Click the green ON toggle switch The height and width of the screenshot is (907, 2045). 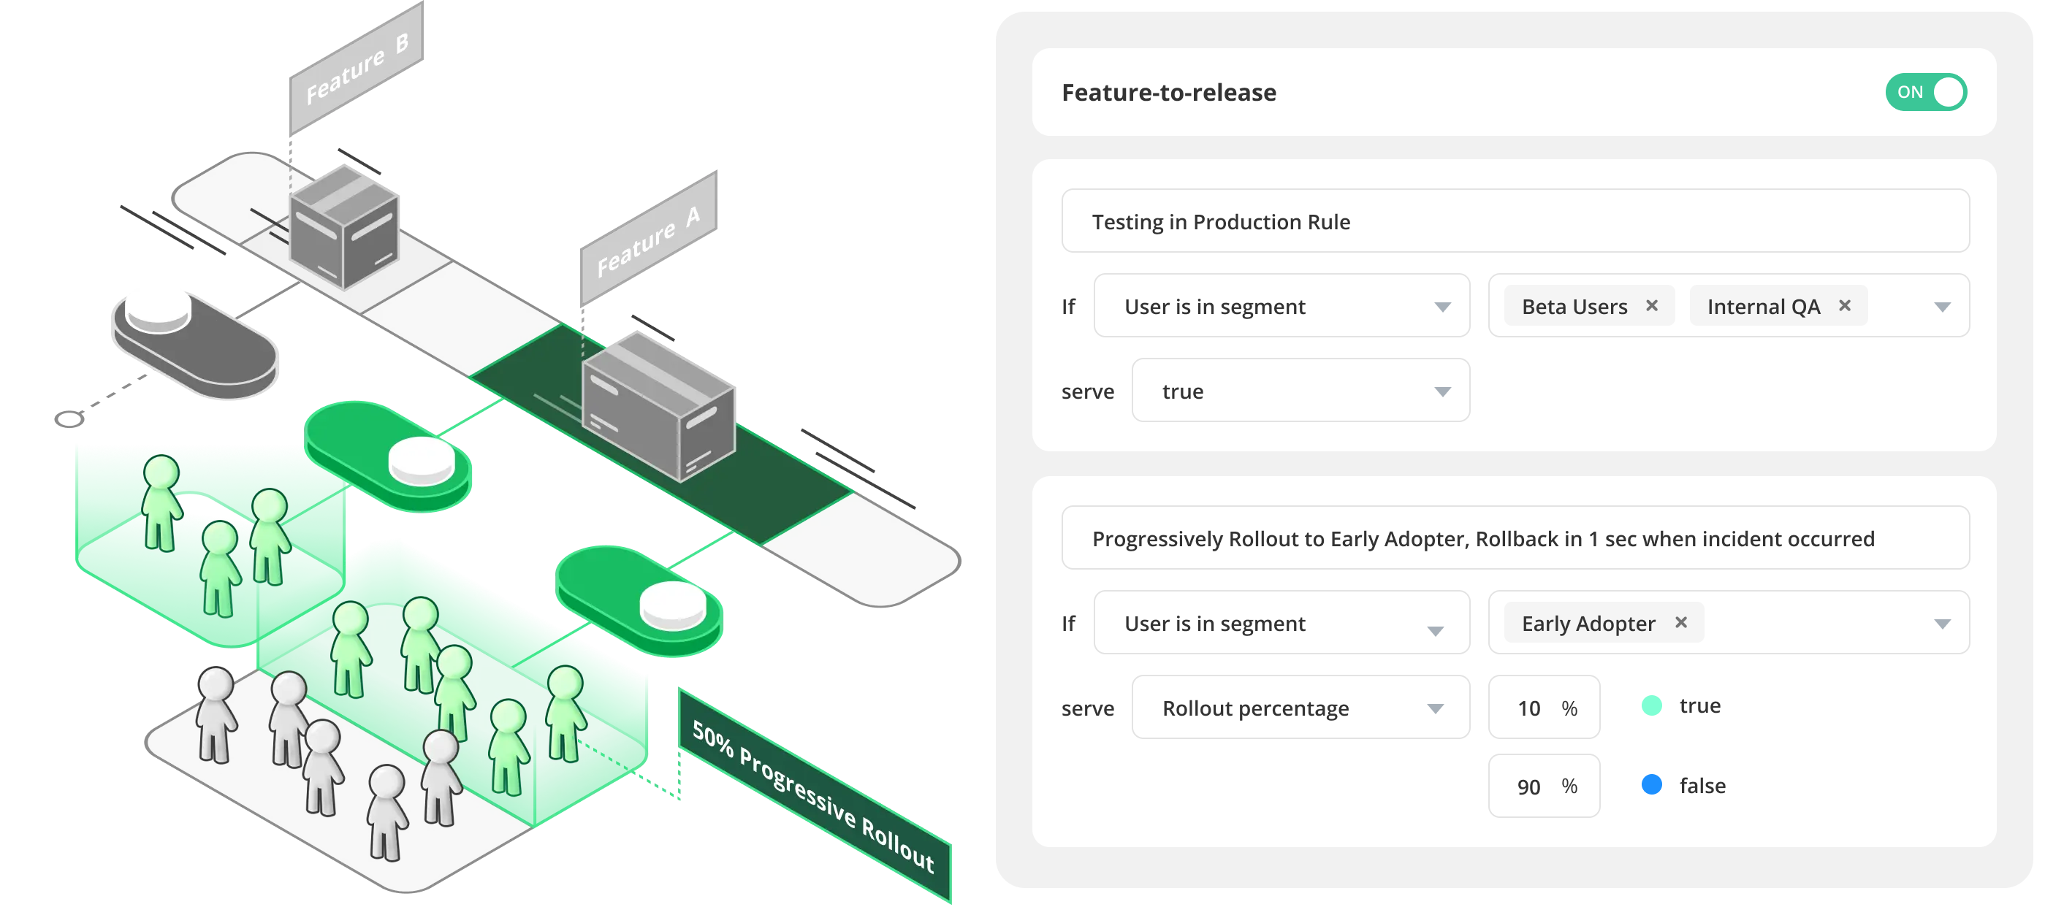click(1925, 92)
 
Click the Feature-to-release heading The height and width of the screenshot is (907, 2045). click(1168, 93)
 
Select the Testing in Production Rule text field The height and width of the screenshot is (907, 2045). click(1515, 221)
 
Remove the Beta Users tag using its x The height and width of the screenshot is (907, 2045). click(1651, 305)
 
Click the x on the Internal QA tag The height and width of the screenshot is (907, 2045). click(1844, 305)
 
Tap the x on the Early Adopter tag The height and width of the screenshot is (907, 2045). click(1680, 622)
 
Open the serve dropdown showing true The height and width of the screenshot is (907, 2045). click(1301, 391)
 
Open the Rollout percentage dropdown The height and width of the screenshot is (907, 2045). click(1301, 707)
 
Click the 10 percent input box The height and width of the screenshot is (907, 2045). click(1543, 707)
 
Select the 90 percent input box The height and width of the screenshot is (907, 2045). click(1543, 786)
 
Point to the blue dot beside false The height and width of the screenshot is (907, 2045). click(1651, 785)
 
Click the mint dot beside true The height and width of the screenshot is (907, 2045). click(1651, 705)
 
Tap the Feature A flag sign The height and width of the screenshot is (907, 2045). click(648, 237)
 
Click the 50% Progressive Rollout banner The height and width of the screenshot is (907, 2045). click(814, 795)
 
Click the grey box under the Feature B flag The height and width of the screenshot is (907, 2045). click(343, 227)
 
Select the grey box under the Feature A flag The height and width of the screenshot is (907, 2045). click(658, 406)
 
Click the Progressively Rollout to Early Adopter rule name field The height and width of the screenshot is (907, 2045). click(1515, 538)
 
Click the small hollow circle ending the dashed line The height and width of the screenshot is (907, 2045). click(69, 419)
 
